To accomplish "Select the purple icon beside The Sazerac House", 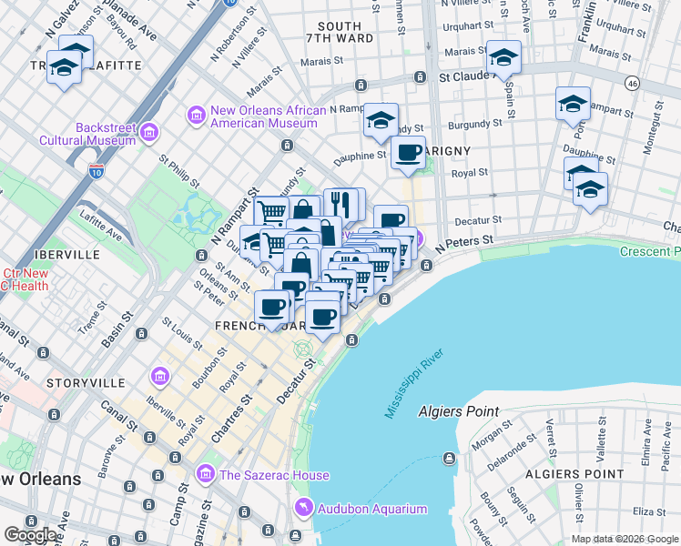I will coord(206,474).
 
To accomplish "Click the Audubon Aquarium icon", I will coord(302,508).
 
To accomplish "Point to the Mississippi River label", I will coord(413,383).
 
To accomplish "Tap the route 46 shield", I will coord(632,84).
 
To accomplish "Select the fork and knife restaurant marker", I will coord(342,203).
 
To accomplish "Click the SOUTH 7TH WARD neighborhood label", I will coord(341,32).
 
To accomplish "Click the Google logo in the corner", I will coord(31,535).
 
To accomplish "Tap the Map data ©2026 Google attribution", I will coord(625,539).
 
